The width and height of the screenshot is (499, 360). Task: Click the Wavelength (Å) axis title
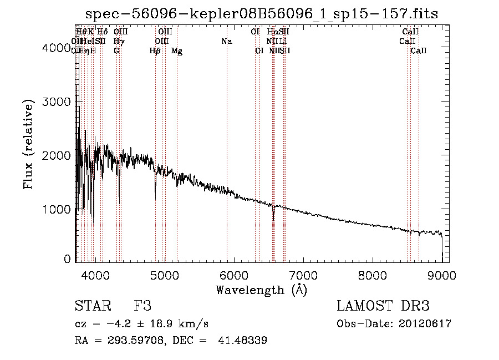261,290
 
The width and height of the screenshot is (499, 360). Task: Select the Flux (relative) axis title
28,144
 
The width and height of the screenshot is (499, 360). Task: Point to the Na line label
226,42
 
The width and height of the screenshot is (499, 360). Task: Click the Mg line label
177,51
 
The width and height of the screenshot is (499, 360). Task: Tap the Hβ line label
155,51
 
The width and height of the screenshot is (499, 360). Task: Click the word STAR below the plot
92,306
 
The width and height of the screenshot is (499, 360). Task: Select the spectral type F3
142,306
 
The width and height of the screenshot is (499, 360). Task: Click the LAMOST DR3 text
383,306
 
